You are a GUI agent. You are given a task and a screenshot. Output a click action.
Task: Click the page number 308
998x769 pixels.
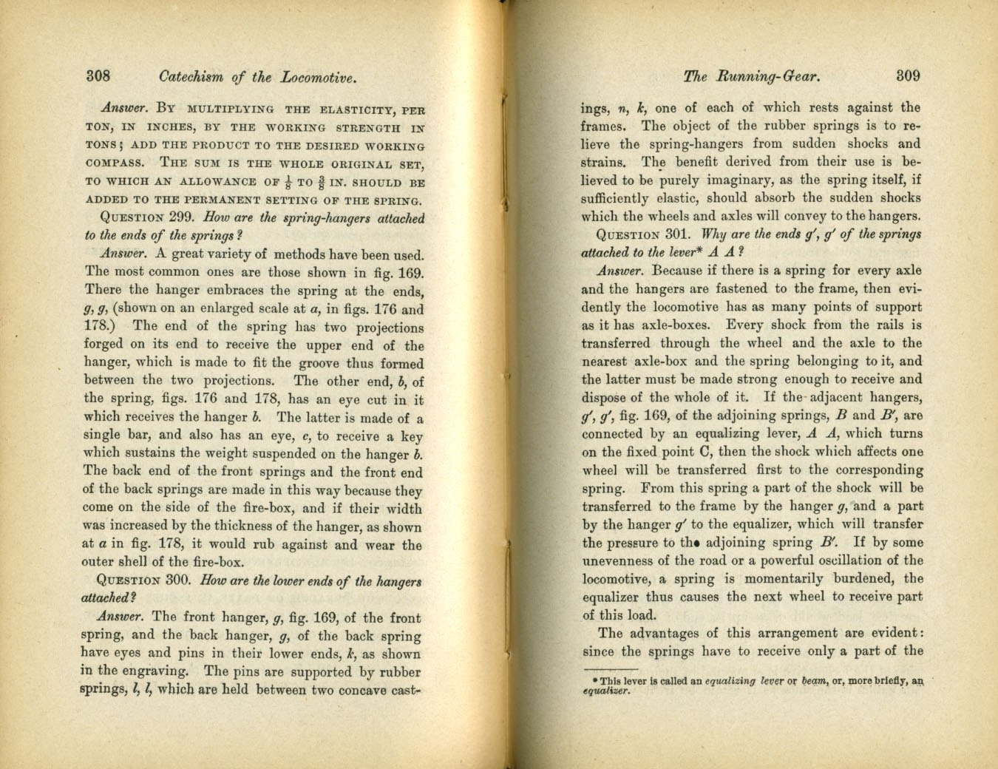click(98, 76)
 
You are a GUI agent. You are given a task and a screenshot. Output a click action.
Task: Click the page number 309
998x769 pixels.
click(907, 75)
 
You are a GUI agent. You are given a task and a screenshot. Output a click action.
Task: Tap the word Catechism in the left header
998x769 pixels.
click(192, 77)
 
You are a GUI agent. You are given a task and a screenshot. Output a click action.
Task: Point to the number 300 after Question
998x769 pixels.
click(180, 581)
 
